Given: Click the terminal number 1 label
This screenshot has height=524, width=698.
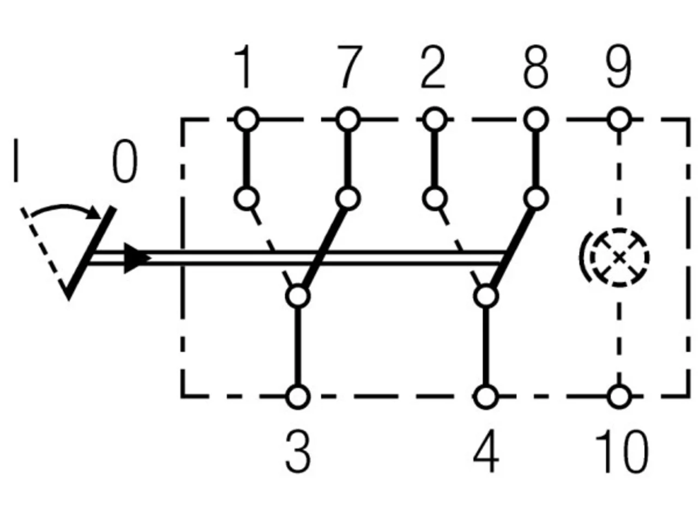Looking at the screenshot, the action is [242, 67].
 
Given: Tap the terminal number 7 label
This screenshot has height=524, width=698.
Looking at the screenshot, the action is [350, 67].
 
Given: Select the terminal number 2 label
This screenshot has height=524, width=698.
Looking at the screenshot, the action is [433, 67].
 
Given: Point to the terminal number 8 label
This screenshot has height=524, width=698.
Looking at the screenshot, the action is [536, 67].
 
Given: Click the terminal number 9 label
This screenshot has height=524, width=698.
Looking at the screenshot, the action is [618, 67].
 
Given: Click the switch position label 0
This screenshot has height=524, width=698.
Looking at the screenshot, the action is [125, 162].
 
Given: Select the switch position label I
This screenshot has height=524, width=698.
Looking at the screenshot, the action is [16, 160].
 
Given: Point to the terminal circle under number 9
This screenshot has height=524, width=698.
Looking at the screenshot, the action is [619, 120].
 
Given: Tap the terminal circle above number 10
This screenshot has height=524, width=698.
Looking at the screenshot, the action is [619, 397].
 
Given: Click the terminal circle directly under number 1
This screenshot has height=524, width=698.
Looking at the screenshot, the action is [246, 120].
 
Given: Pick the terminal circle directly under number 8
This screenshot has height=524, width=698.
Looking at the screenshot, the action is [536, 120].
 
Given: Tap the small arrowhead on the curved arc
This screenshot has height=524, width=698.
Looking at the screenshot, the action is [95, 212].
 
